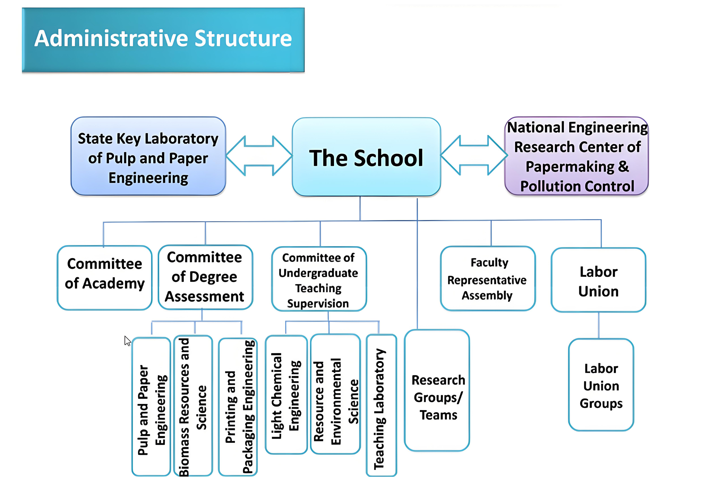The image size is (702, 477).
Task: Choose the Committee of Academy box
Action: point(104,277)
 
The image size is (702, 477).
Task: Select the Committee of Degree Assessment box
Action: point(205,277)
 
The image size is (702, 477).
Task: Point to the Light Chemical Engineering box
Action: point(286,394)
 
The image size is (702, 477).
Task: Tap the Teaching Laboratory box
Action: point(381,405)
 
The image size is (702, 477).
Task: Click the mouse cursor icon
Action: point(127,341)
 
